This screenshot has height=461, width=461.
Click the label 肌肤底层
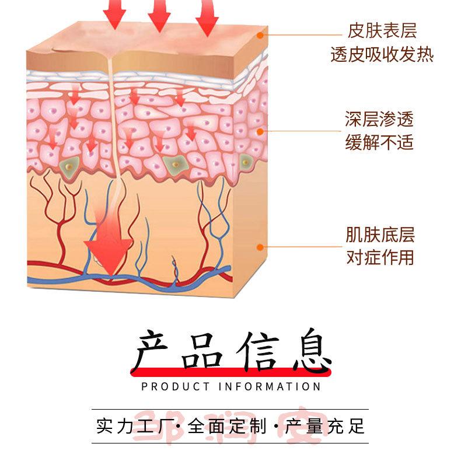[380, 236]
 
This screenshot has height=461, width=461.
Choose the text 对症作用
[380, 257]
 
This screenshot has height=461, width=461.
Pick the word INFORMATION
[270, 386]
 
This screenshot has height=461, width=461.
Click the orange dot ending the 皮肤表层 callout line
[260, 35]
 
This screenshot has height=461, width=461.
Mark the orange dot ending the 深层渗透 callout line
[260, 131]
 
